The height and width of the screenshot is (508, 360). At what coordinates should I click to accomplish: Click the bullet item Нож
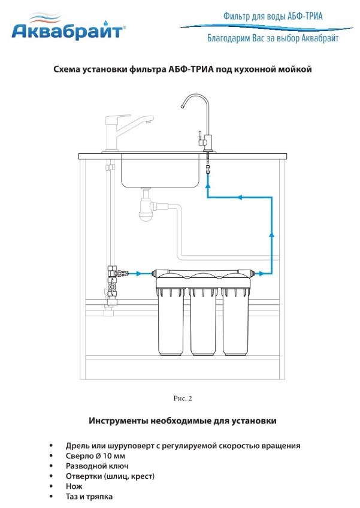(x=74, y=486)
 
